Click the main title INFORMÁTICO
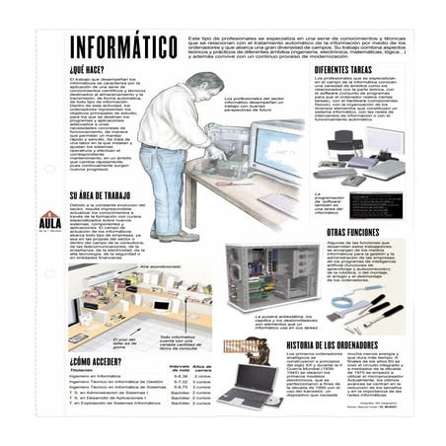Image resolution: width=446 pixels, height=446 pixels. (124, 47)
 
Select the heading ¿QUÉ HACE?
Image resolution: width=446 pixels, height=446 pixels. (88, 70)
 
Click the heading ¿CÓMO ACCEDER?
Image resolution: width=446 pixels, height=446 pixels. (98, 361)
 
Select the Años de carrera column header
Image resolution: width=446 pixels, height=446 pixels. (202, 369)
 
